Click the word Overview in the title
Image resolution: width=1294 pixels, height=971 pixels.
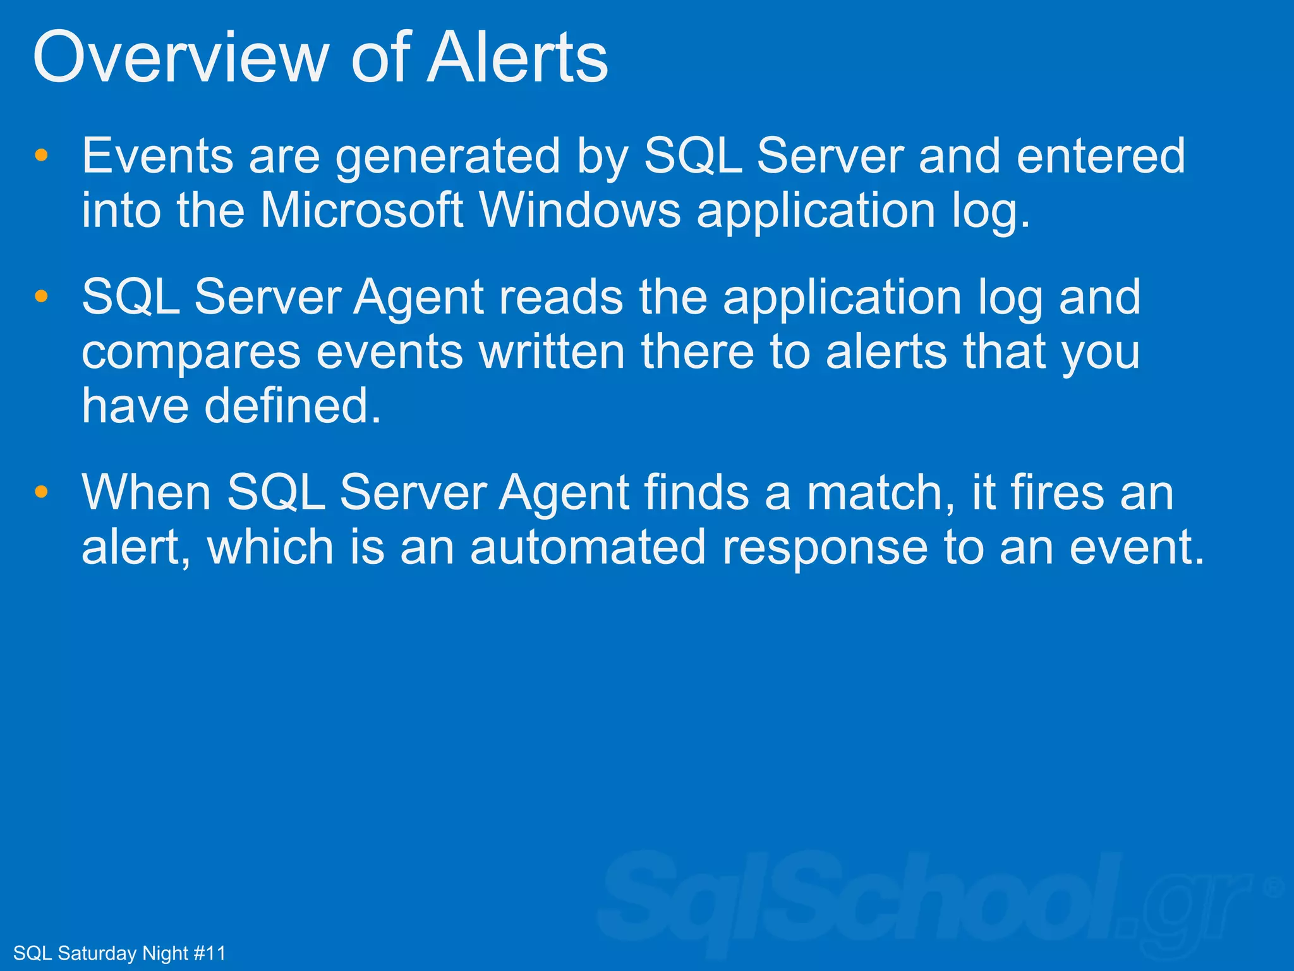[x=179, y=58]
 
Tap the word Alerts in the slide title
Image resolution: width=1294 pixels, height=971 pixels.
[x=517, y=58]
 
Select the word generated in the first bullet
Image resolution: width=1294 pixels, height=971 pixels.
[x=447, y=157]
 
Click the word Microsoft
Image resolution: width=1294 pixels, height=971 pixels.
[x=362, y=210]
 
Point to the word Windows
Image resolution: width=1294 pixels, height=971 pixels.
[x=580, y=210]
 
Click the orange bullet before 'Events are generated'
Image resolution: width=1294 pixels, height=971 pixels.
[x=42, y=156]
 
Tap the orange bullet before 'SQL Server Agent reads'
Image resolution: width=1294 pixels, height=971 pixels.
[x=42, y=296]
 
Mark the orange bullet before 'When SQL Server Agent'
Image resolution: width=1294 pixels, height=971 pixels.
[x=42, y=492]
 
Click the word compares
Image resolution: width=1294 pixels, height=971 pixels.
[x=191, y=353]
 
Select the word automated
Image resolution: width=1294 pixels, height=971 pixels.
[x=588, y=547]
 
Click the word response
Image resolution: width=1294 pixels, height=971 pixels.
[x=825, y=548]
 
